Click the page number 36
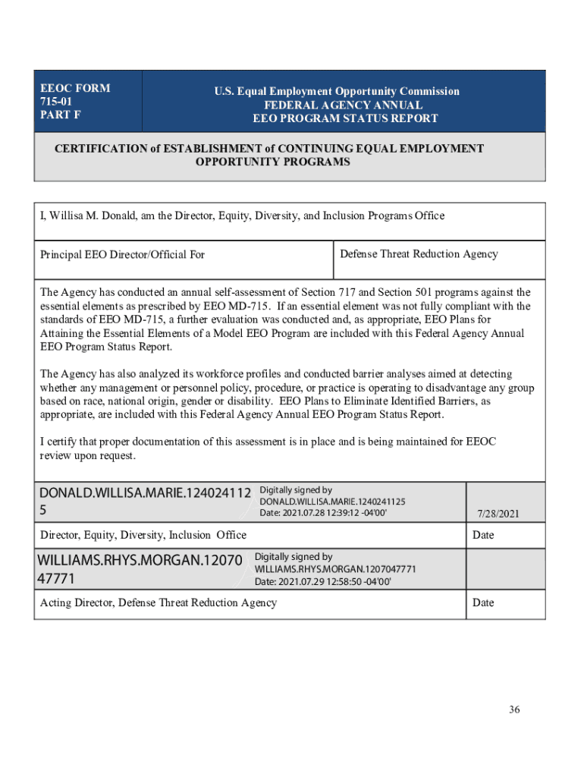click(x=515, y=710)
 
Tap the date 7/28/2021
click(x=498, y=514)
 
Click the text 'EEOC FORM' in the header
click(x=75, y=88)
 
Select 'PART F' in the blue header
click(x=61, y=115)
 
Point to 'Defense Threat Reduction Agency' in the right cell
click(x=419, y=253)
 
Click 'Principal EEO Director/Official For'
click(x=122, y=254)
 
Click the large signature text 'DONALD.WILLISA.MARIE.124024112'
click(x=146, y=493)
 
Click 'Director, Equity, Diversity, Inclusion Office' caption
click(x=143, y=535)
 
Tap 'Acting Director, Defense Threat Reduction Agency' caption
click(x=159, y=602)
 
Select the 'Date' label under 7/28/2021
click(x=483, y=535)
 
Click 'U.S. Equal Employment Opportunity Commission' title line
click(x=337, y=91)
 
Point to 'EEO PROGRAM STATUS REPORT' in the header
click(x=345, y=118)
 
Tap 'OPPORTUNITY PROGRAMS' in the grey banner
click(x=273, y=162)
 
